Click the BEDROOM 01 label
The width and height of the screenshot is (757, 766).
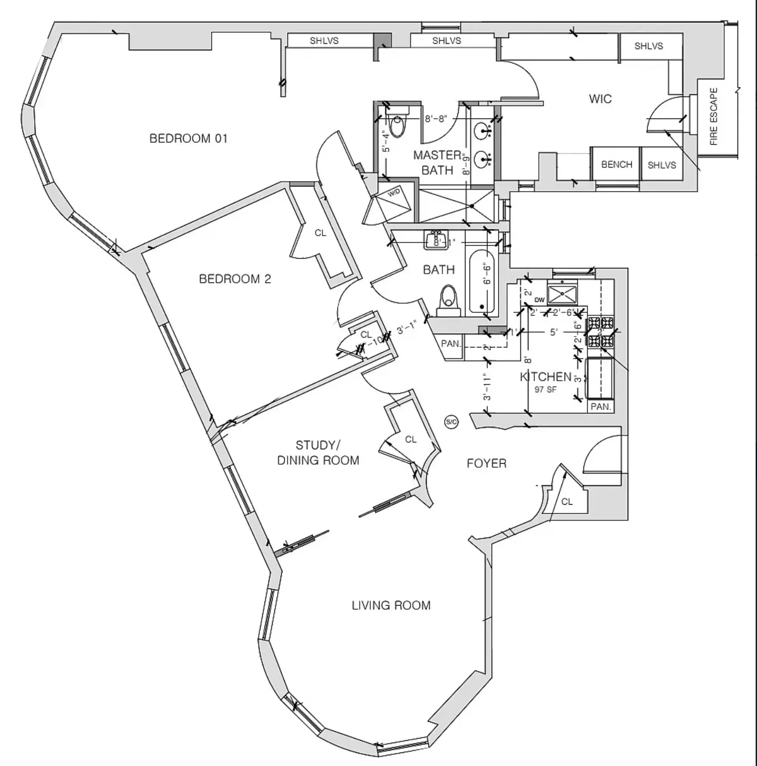click(188, 138)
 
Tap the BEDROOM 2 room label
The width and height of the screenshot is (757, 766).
click(235, 279)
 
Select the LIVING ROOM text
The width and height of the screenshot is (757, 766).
click(391, 605)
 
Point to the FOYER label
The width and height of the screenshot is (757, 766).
click(486, 463)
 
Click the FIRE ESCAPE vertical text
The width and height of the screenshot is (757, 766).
click(714, 116)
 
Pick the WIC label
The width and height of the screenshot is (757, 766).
click(600, 99)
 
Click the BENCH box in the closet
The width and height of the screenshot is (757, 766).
click(616, 164)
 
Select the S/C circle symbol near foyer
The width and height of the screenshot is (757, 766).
click(451, 422)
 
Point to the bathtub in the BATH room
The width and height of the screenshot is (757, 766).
click(482, 282)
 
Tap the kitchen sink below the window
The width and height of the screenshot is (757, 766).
click(562, 293)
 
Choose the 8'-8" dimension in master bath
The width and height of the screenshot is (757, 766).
click(436, 119)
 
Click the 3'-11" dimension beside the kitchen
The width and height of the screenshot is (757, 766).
click(487, 387)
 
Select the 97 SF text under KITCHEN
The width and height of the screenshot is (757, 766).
click(545, 389)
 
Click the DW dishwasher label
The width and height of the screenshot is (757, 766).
click(539, 300)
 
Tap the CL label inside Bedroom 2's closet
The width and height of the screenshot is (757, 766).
click(320, 233)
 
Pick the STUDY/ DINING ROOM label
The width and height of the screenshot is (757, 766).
click(318, 453)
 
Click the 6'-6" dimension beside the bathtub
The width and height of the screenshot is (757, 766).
click(487, 274)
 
